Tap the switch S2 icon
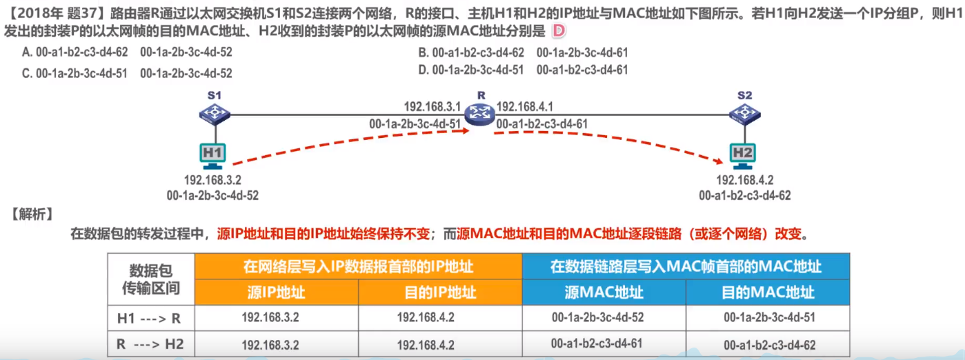744,113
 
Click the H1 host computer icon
212,155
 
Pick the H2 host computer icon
743,155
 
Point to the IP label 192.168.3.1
432,107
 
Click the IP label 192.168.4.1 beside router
525,107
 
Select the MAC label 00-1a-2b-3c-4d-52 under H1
212,195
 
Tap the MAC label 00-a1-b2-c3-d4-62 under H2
744,195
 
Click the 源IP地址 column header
276,292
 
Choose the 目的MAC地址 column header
768,292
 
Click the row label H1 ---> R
150,317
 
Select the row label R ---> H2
150,343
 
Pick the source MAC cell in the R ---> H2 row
597,343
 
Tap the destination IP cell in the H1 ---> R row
426,317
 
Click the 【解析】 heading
30,214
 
